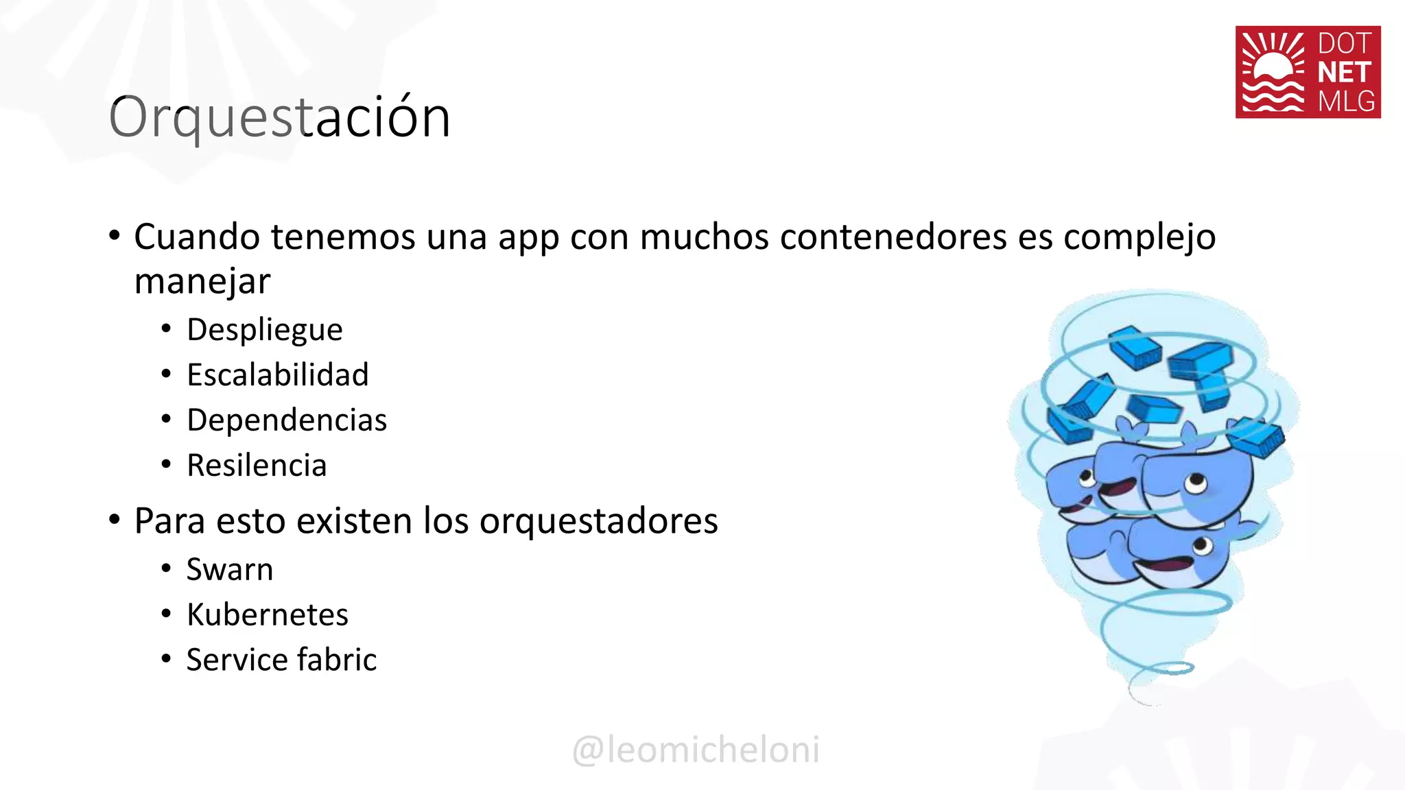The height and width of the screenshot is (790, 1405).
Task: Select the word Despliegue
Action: point(265,330)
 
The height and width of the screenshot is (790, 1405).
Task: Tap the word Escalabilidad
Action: point(278,375)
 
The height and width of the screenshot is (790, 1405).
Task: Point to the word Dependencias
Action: point(287,420)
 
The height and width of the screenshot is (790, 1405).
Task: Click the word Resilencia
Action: point(257,466)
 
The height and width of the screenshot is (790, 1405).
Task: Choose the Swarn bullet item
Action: point(230,570)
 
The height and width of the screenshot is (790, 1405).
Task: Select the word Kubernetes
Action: point(268,615)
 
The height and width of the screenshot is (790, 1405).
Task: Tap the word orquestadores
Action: point(598,521)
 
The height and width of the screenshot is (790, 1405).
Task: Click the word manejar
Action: point(202,282)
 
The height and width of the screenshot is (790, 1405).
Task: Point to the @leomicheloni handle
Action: point(696,750)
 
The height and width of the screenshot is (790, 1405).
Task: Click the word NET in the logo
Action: point(1344,73)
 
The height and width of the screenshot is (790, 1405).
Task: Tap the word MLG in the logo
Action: point(1346,101)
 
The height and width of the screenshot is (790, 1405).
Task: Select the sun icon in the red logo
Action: point(1273,71)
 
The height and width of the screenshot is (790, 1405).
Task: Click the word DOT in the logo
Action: point(1344,44)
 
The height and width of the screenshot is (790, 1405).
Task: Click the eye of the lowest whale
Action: point(1203,546)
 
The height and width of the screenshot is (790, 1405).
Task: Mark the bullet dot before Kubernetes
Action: point(166,613)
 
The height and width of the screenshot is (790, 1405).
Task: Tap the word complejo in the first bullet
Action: point(1140,237)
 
